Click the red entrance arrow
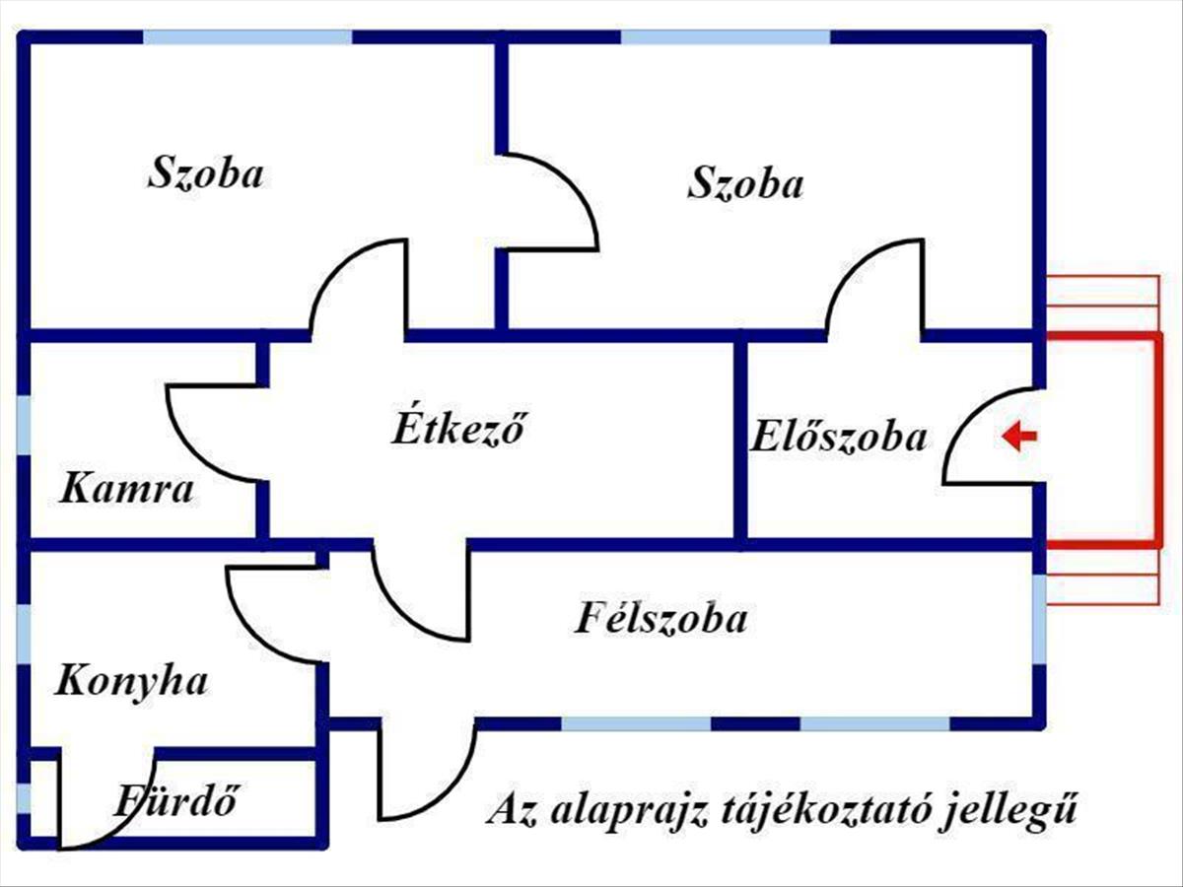(x=1019, y=436)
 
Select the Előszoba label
(x=839, y=437)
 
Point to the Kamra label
(x=127, y=490)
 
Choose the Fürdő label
(x=175, y=800)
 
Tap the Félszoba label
(x=661, y=618)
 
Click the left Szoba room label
(x=206, y=173)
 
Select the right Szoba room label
(x=746, y=183)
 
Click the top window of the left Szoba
(x=247, y=37)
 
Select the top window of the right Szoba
(x=726, y=37)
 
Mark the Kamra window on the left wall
(x=25, y=426)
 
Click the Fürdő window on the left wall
(x=25, y=798)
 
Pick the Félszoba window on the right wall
(x=1040, y=619)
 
